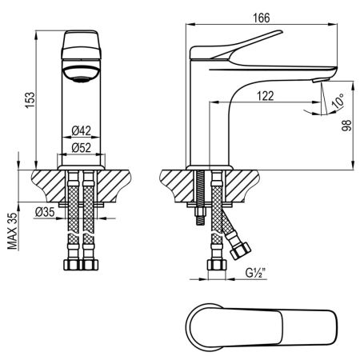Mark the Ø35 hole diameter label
(x=45, y=211)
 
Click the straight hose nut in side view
(x=214, y=265)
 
